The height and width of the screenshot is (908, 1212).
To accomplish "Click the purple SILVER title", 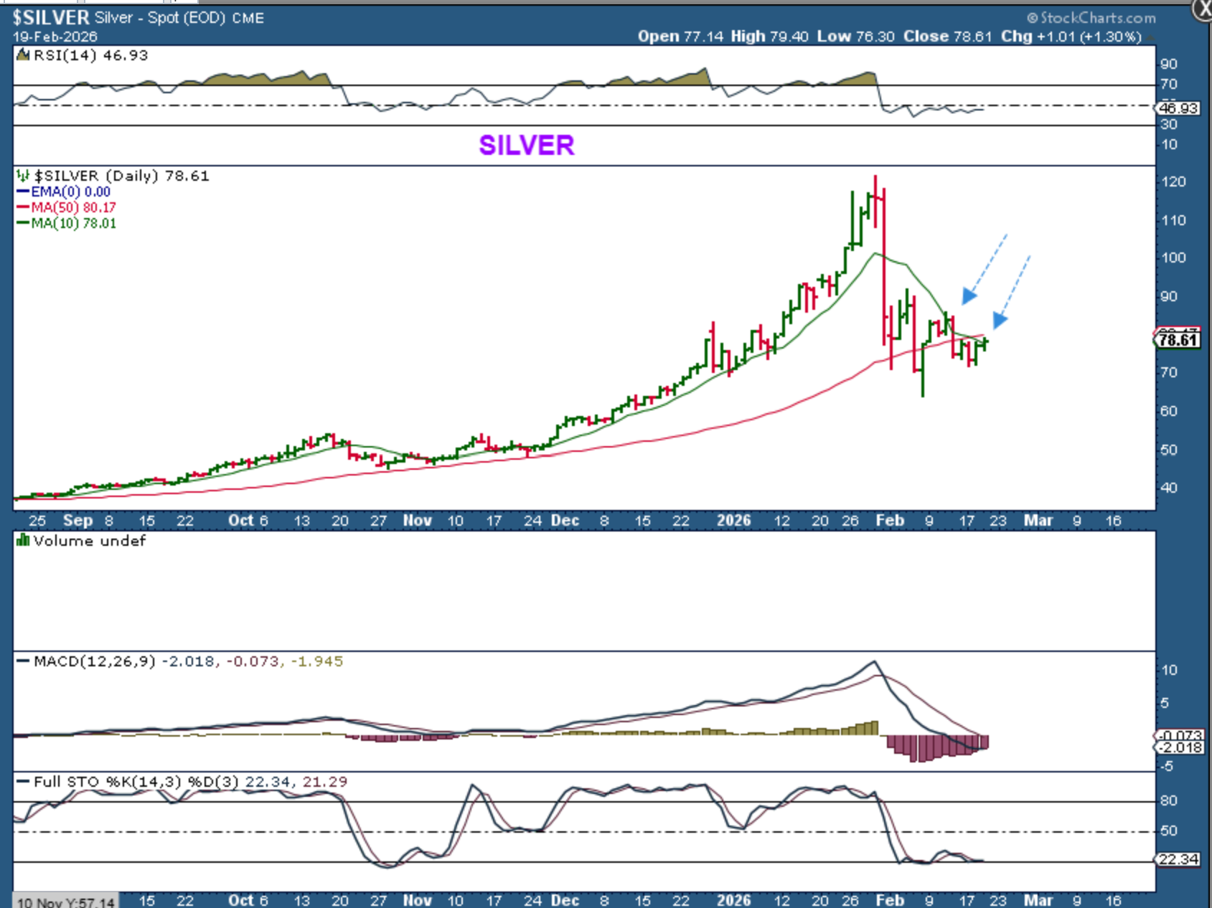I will click(526, 146).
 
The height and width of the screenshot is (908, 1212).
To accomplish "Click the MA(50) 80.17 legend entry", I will click(73, 207).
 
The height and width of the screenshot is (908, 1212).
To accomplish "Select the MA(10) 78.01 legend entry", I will click(73, 223).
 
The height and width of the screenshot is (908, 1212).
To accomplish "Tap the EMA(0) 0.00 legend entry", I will click(70, 191).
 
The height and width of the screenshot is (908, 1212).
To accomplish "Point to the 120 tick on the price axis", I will click(1173, 182).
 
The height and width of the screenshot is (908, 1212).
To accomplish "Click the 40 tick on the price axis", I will click(1169, 488).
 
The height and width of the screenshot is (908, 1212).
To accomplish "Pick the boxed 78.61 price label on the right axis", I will click(1178, 340).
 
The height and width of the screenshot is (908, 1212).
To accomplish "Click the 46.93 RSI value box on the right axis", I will click(1178, 108).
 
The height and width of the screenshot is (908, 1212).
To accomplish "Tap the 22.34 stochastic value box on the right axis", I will click(1178, 859).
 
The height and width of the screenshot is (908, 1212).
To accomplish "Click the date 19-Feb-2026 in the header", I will click(55, 37).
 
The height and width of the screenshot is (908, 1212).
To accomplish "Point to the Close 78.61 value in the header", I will click(947, 37).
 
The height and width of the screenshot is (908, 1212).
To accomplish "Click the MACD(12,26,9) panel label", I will click(94, 661).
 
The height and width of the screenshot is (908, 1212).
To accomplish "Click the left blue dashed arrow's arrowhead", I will click(969, 295).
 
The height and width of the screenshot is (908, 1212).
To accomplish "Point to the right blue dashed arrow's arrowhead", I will click(1000, 320).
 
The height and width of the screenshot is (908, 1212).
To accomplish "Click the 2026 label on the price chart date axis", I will click(733, 521).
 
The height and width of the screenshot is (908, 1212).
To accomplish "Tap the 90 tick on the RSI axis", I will click(1169, 65).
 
